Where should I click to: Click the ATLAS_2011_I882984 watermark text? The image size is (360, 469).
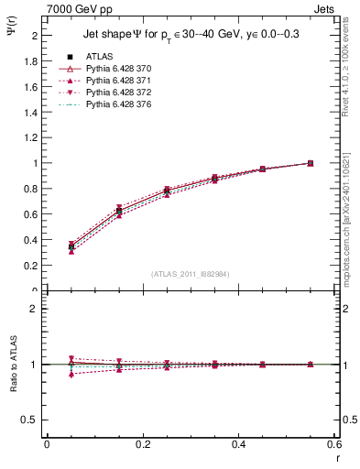click(x=191, y=274)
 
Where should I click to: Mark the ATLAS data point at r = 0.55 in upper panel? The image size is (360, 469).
click(x=310, y=163)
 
